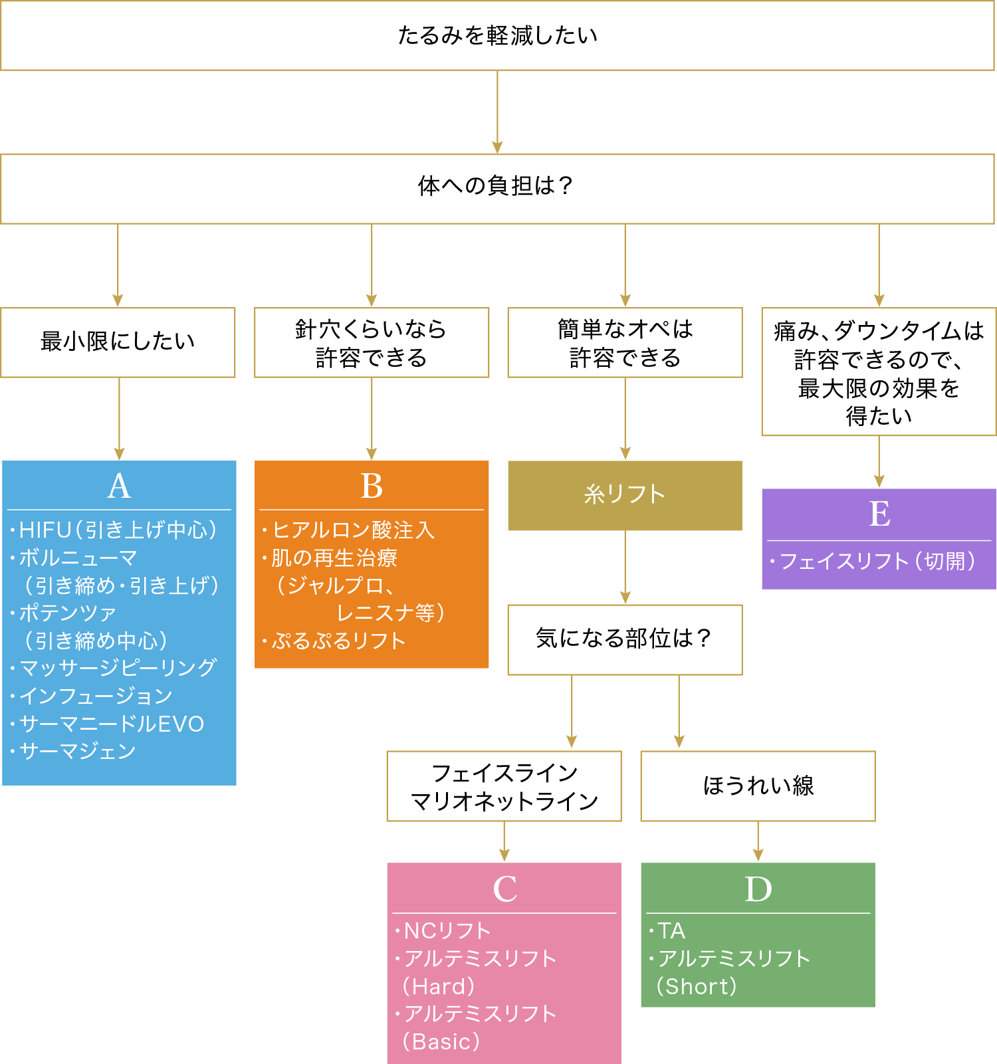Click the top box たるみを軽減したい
(497, 35)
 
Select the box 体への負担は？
(497, 186)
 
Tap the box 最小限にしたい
(118, 342)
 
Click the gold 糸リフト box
(625, 495)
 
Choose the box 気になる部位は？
(625, 639)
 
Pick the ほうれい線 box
(758, 786)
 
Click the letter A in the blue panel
(119, 486)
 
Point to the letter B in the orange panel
(372, 486)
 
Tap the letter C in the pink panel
(504, 889)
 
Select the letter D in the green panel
(758, 889)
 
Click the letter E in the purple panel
(879, 514)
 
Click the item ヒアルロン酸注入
(353, 530)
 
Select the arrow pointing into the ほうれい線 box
(679, 712)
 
